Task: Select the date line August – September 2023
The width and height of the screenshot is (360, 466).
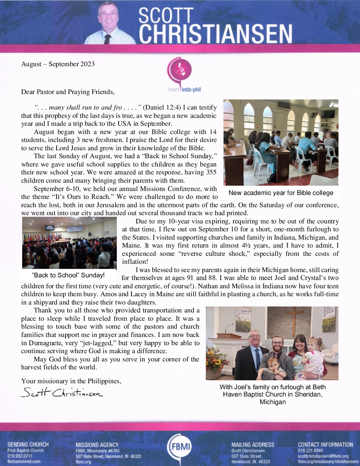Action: tap(58, 64)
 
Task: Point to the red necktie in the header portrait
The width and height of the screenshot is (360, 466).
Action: tap(108, 39)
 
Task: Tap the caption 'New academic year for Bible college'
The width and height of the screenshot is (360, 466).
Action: tap(281, 193)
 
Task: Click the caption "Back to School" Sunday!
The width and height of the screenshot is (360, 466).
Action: tap(68, 275)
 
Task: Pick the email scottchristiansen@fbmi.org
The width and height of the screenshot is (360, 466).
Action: tap(323, 456)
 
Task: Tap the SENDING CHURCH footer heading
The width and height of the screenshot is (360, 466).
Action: tap(28, 444)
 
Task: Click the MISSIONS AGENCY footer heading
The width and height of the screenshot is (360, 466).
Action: tap(97, 445)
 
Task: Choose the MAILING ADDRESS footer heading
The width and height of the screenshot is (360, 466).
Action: tap(253, 445)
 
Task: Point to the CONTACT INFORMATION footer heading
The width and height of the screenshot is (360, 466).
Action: tap(325, 444)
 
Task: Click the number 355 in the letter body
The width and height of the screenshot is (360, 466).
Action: tap(211, 172)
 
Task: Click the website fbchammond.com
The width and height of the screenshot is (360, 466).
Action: tap(24, 461)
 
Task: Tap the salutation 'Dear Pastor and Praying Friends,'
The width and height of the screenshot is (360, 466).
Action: tap(68, 92)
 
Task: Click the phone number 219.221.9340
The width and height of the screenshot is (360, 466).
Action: tap(310, 450)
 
